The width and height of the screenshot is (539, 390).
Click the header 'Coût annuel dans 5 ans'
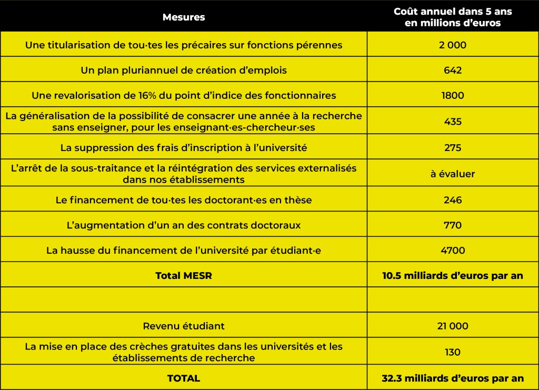click(x=453, y=12)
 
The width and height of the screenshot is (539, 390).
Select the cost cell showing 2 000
click(x=453, y=45)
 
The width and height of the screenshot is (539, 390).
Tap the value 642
click(x=453, y=70)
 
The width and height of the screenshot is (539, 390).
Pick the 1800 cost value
click(x=453, y=96)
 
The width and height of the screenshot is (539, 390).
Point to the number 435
click(x=453, y=122)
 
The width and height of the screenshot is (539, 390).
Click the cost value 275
click(x=453, y=148)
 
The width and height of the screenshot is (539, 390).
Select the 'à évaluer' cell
click(x=453, y=174)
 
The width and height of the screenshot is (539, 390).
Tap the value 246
click(x=453, y=200)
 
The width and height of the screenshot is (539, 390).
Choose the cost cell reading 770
click(x=453, y=225)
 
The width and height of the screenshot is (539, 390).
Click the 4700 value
click(x=453, y=251)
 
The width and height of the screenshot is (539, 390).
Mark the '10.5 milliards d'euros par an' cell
click(x=453, y=276)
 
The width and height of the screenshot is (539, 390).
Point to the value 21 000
click(x=453, y=326)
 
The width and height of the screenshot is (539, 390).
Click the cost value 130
click(x=453, y=352)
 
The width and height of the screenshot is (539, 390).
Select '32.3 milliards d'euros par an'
click(x=453, y=378)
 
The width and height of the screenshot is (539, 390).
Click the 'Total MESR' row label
click(x=184, y=276)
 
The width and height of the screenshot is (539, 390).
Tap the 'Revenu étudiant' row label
click(x=184, y=326)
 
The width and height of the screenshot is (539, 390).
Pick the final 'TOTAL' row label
click(x=184, y=378)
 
